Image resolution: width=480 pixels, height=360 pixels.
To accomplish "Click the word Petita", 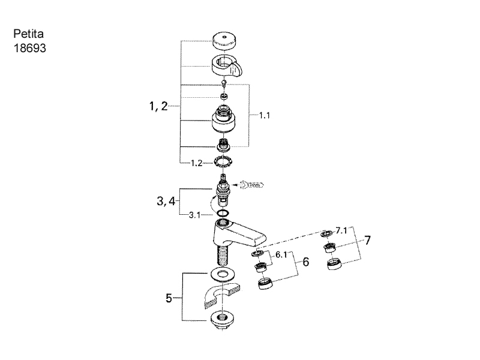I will click(x=25, y=34).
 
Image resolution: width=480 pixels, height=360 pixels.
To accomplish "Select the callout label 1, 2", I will click(x=158, y=107).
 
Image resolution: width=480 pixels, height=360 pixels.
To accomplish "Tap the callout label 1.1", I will click(x=265, y=116).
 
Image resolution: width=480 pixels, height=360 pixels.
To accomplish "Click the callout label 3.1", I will click(x=195, y=214).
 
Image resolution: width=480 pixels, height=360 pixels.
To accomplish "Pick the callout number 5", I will click(x=169, y=297).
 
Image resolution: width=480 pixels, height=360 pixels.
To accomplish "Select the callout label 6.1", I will click(x=282, y=255).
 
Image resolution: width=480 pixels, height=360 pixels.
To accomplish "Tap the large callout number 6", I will click(x=305, y=262).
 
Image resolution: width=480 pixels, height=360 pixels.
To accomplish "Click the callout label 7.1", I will click(x=341, y=230).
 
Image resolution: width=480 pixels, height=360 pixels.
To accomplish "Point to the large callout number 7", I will click(x=367, y=241).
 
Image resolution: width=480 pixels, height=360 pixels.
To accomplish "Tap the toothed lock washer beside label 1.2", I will click(x=223, y=161).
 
